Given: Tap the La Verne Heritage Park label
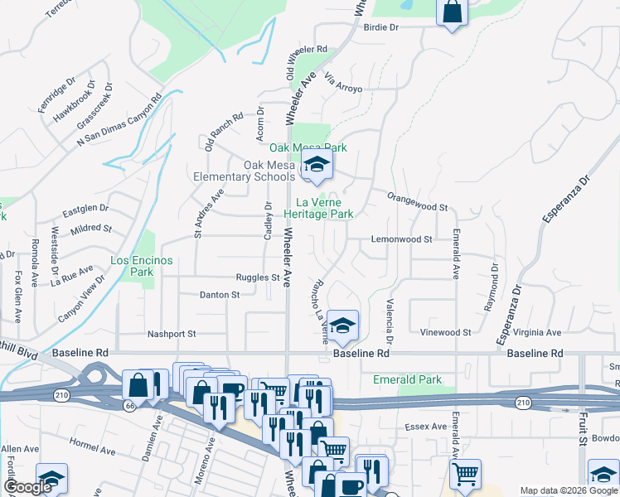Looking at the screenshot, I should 325,207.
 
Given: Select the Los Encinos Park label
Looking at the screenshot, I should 142,265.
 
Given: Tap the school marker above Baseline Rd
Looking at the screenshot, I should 341,326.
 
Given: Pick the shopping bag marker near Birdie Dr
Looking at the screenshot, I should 453,12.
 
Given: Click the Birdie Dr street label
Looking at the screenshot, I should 381,27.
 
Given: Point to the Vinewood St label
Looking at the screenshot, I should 445,332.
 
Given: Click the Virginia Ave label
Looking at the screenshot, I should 537,332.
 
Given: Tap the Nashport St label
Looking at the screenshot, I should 172,334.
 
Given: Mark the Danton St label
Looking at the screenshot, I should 220,294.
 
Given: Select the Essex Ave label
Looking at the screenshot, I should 426,427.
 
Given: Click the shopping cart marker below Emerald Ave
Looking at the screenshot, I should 465,474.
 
